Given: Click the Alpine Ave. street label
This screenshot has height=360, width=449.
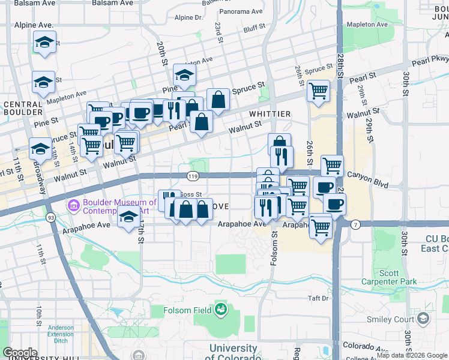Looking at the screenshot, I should pyautogui.click(x=34, y=26).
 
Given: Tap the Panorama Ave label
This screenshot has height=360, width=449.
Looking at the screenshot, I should pyautogui.click(x=241, y=11).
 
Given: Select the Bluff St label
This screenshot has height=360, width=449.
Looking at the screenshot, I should pyautogui.click(x=255, y=27).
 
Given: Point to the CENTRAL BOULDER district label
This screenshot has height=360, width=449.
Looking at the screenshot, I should pyautogui.click(x=23, y=108).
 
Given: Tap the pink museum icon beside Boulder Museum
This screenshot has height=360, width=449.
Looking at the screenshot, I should pyautogui.click(x=74, y=206).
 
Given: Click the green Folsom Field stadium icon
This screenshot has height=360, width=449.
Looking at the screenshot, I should pyautogui.click(x=221, y=310).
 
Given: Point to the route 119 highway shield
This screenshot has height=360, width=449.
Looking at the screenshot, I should pyautogui.click(x=192, y=176).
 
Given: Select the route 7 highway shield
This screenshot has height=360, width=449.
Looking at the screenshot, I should pyautogui.click(x=355, y=224).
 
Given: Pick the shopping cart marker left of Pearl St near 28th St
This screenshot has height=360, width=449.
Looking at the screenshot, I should pyautogui.click(x=318, y=91).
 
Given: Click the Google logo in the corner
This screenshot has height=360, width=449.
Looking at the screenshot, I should pyautogui.click(x=20, y=352).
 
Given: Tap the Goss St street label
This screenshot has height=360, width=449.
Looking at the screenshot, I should pyautogui.click(x=190, y=194).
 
